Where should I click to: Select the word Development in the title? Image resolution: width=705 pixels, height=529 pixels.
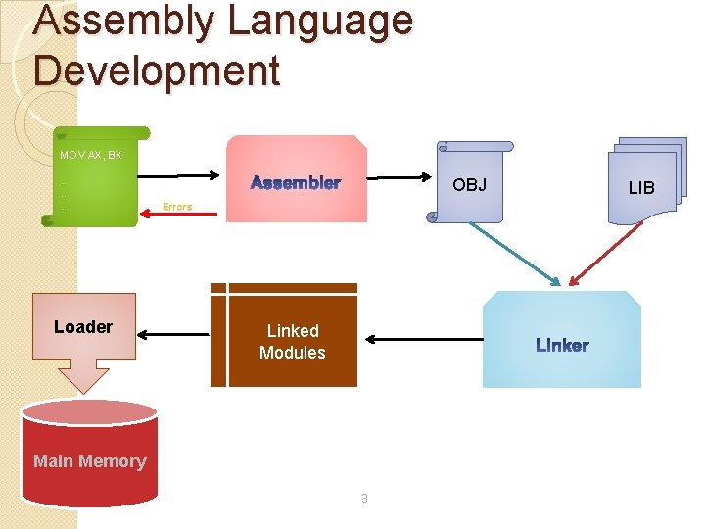pyautogui.click(x=157, y=71)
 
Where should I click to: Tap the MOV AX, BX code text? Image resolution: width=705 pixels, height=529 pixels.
pyautogui.click(x=90, y=155)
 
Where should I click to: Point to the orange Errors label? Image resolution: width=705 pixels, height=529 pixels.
pyautogui.click(x=177, y=207)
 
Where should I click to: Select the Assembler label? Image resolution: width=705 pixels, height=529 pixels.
pyautogui.click(x=296, y=183)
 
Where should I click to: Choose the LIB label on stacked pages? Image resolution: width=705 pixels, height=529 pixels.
pyautogui.click(x=641, y=187)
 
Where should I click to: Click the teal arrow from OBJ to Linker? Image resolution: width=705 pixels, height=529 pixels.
pyautogui.click(x=514, y=254)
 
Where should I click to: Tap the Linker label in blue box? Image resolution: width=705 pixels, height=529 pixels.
pyautogui.click(x=562, y=345)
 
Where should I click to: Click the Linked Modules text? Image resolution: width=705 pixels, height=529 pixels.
pyautogui.click(x=293, y=342)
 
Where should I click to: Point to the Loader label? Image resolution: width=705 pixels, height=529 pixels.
pyautogui.click(x=83, y=327)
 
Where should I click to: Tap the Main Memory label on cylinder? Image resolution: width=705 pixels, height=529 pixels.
pyautogui.click(x=89, y=461)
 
